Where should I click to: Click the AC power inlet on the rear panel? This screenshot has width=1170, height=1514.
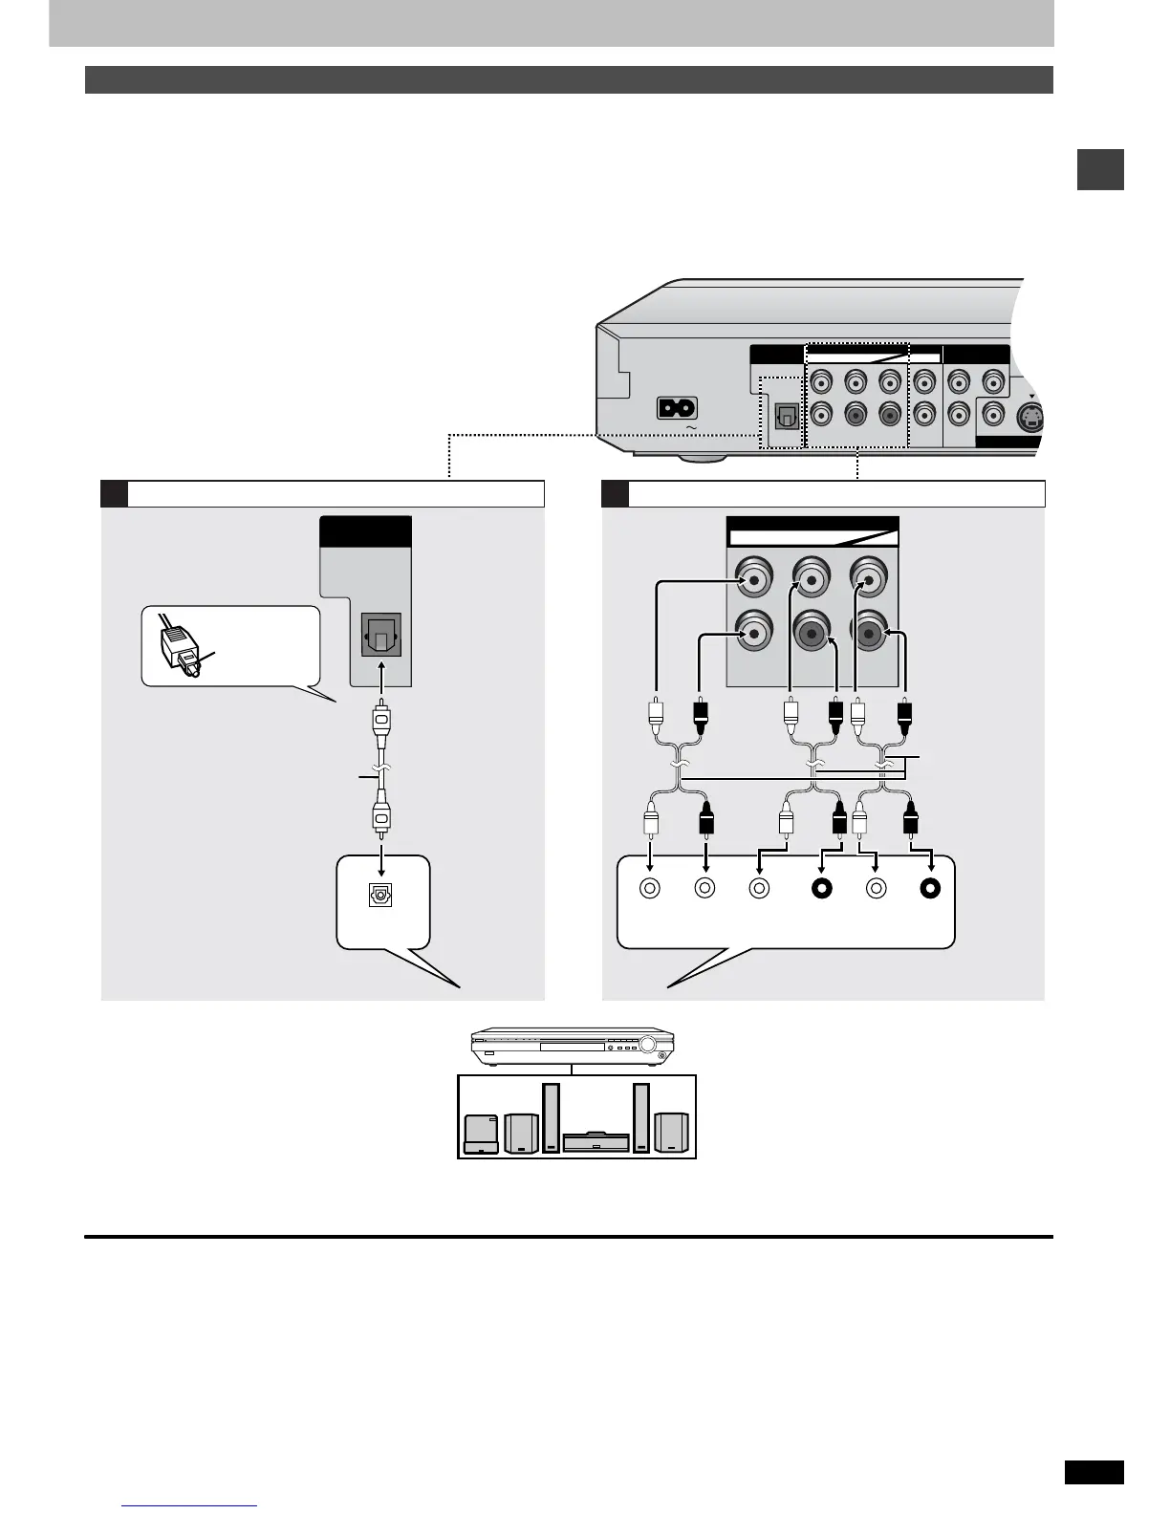[677, 407]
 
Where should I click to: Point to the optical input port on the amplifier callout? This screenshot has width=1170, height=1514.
[380, 897]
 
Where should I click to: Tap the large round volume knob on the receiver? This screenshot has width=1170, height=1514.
[653, 1046]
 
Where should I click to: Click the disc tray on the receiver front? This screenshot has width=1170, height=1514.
[572, 1048]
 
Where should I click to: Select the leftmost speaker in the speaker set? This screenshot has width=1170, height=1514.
[479, 1134]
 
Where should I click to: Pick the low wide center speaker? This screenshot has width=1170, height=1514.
[596, 1142]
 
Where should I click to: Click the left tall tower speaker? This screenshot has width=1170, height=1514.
[551, 1117]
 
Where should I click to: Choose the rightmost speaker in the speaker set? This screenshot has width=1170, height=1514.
[671, 1133]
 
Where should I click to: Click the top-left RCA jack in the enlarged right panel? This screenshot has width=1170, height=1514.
[754, 579]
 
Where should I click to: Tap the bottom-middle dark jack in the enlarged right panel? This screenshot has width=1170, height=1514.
[811, 633]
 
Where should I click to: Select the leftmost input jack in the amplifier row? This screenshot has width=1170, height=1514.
[650, 888]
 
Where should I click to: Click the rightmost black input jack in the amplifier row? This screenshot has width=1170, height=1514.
[930, 888]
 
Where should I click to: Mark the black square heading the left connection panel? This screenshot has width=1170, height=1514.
[114, 493]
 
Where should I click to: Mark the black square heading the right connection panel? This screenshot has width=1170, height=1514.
[615, 493]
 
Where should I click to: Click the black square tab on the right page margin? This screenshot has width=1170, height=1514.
[1100, 170]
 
